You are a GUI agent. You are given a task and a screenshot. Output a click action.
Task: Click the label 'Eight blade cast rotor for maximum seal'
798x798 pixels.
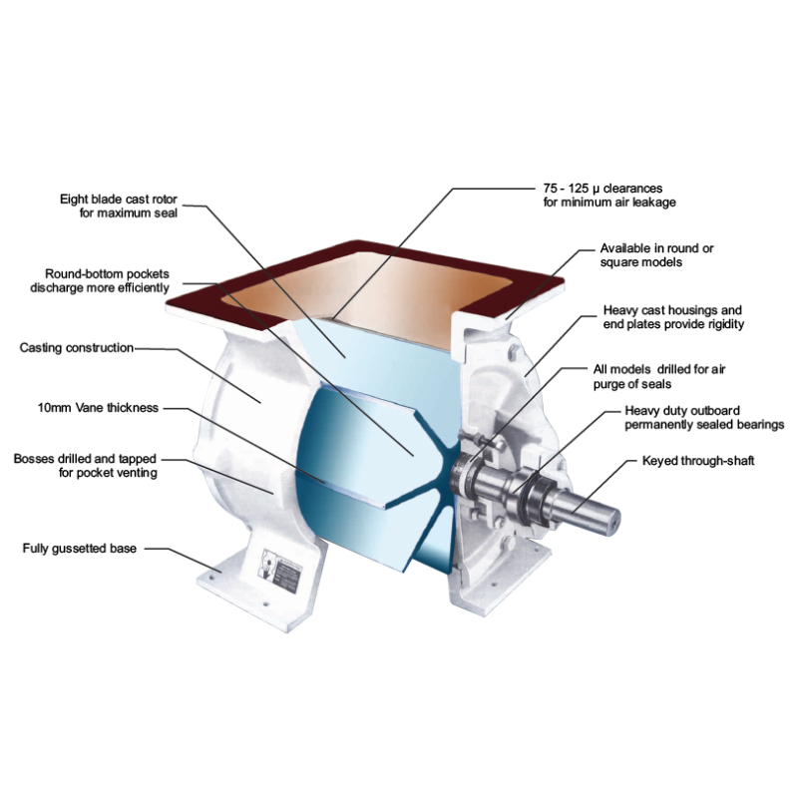coord(119,205)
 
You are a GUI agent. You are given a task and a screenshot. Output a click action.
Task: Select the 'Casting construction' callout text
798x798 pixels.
coord(76,348)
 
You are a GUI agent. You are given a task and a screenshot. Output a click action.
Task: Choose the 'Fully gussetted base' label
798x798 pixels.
coord(79,549)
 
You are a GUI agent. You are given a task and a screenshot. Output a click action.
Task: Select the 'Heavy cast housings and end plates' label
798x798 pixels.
coord(673,317)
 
